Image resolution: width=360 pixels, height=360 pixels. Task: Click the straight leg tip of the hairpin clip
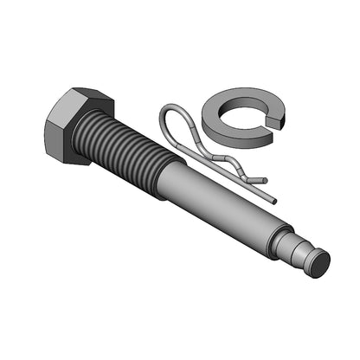263,181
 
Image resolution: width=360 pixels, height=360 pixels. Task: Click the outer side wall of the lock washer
234,130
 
